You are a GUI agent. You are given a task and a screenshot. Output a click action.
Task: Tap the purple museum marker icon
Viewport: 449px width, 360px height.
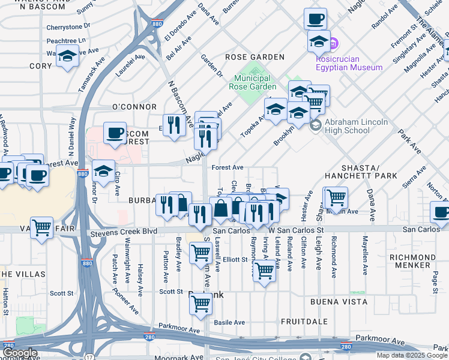tap(335, 44)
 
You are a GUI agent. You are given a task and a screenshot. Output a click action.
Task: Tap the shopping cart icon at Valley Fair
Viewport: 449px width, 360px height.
tap(41, 228)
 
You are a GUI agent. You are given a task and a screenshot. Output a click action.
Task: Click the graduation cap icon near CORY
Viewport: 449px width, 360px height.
tap(68, 56)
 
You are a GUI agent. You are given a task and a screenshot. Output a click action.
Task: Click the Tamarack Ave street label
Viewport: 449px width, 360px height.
tap(92, 75)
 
